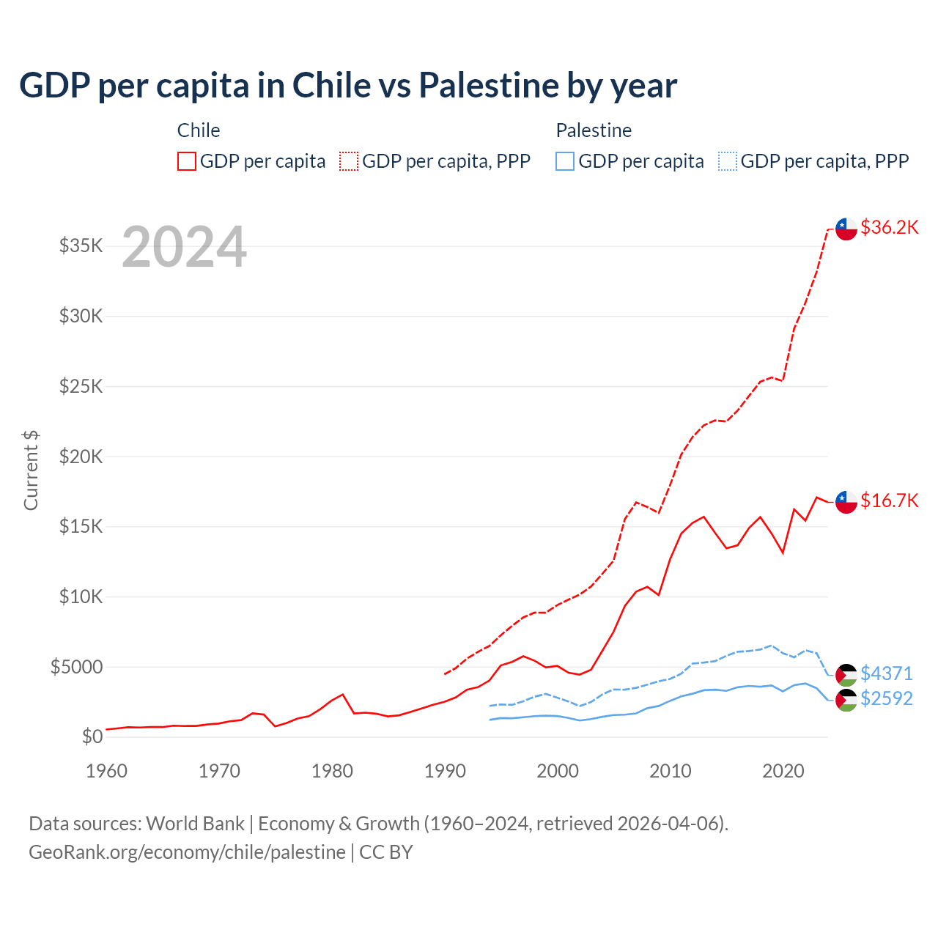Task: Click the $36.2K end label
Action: pos(889,227)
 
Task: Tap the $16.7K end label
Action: pos(889,501)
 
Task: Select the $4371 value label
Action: pos(886,673)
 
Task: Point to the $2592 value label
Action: pos(886,698)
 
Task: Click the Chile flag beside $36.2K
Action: pos(846,229)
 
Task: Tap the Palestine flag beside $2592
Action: pos(846,700)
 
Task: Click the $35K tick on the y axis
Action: pos(81,245)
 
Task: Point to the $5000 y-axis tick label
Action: pos(77,667)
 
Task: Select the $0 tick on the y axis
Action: pos(92,736)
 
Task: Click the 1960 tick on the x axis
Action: pos(107,771)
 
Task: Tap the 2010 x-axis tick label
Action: pos(671,771)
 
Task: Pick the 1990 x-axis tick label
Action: pos(445,771)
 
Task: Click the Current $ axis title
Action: pos(31,470)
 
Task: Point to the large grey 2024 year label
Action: pos(184,247)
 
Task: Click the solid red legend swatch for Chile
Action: pos(187,161)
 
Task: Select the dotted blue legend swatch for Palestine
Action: pos(728,161)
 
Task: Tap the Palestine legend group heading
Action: pos(594,130)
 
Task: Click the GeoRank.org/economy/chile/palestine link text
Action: pos(187,852)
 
